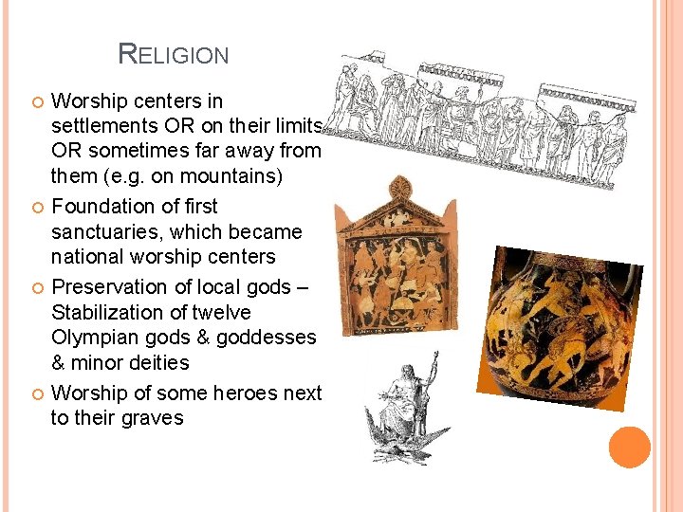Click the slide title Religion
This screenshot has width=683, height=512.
click(174, 54)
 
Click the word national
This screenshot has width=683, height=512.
click(88, 258)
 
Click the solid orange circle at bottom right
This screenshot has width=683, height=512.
click(630, 447)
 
